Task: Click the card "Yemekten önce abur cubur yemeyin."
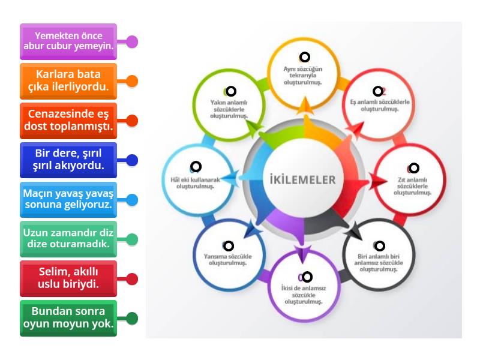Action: click(68, 41)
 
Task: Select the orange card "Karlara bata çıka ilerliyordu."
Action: click(68, 81)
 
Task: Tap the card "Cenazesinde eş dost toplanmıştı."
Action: click(68, 120)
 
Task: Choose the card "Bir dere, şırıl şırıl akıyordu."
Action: click(68, 160)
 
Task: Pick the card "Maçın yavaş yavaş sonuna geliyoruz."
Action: click(68, 200)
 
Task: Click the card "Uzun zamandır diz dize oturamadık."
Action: click(68, 239)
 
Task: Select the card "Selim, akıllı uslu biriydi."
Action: click(68, 279)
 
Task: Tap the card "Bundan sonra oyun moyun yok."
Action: click(68, 319)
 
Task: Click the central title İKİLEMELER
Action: click(304, 179)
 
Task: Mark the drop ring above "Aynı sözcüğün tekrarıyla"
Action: click(304, 57)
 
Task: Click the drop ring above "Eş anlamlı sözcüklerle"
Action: click(378, 91)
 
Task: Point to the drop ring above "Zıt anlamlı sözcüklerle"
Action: click(413, 169)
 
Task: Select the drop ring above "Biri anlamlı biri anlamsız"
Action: click(379, 245)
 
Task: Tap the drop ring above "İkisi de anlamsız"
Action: click(307, 277)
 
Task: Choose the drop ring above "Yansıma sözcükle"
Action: click(228, 245)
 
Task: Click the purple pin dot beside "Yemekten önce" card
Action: click(132, 41)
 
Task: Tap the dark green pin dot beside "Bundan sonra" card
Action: click(132, 319)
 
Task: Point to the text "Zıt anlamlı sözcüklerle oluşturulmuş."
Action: click(413, 187)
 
